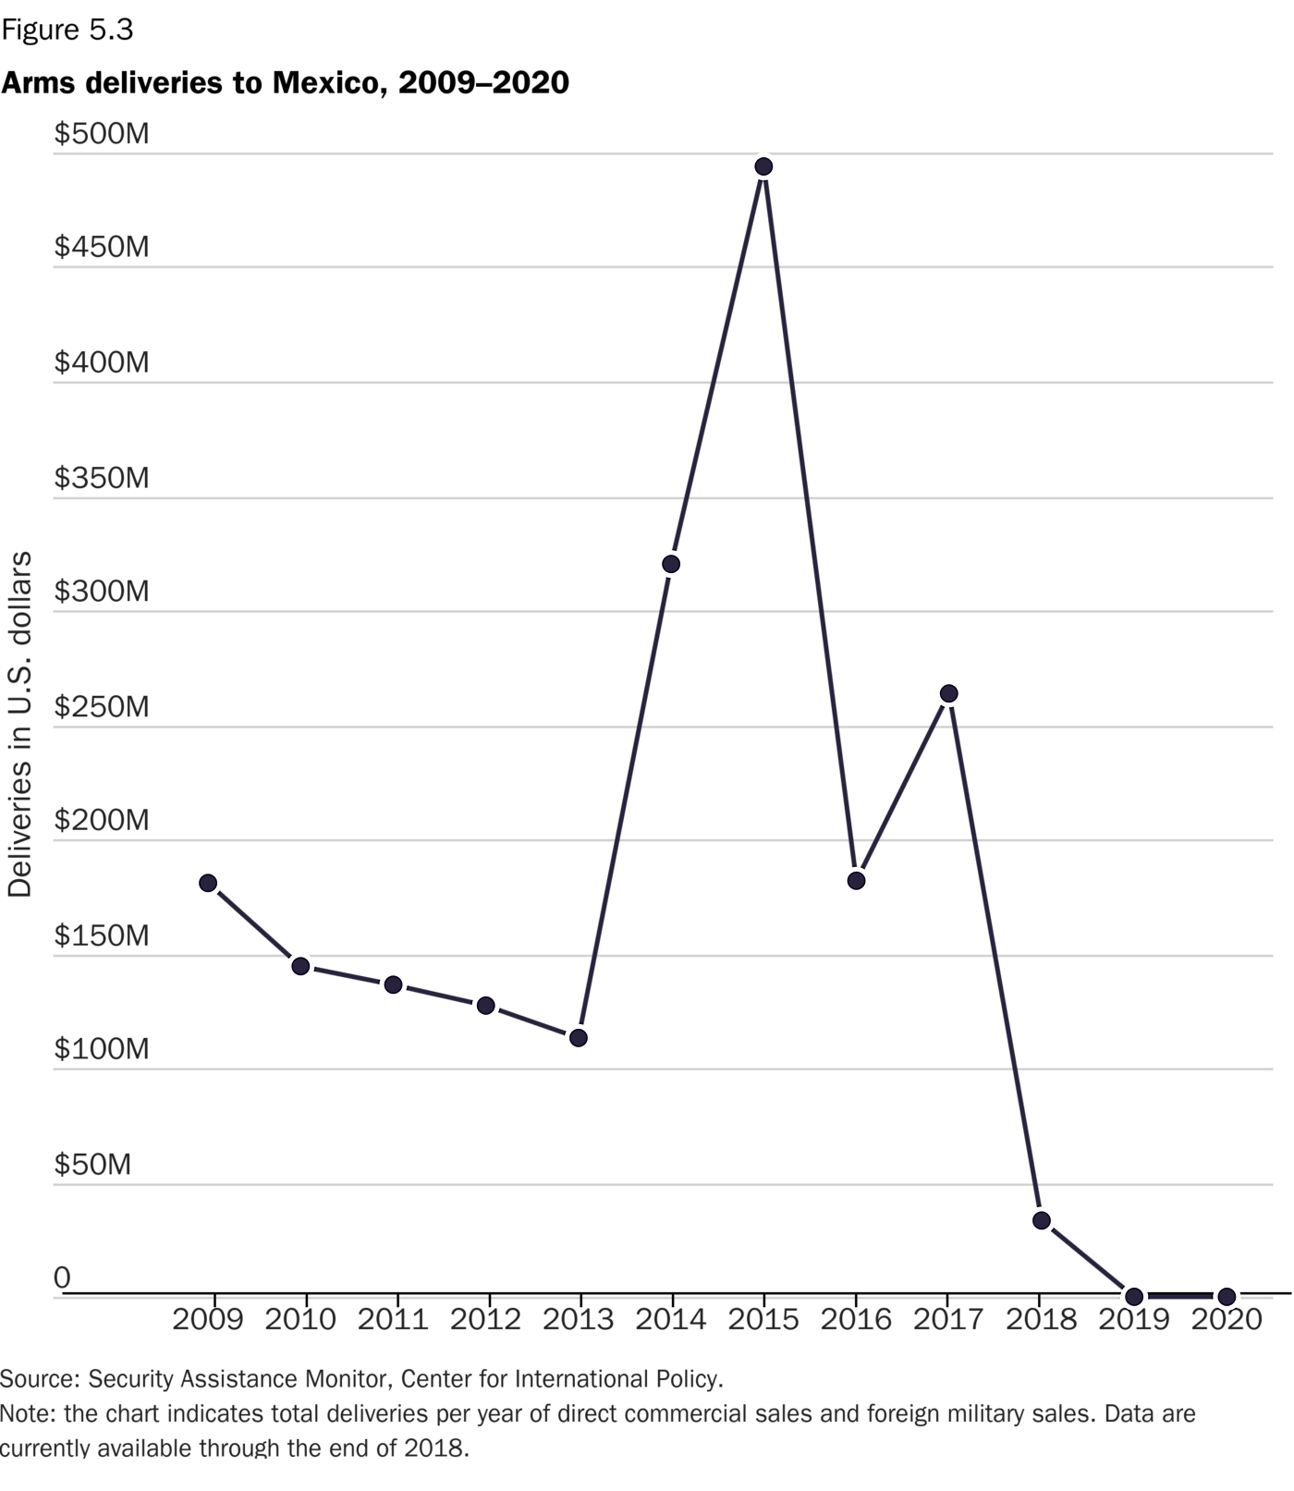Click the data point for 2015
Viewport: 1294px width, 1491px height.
click(763, 166)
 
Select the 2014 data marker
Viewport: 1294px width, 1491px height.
click(671, 564)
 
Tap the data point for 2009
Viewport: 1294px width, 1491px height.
click(208, 883)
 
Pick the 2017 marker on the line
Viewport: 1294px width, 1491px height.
click(948, 693)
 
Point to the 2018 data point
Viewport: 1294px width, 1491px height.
click(1042, 1221)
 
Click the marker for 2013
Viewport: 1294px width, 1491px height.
click(579, 1038)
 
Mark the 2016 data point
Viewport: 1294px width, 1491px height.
click(856, 881)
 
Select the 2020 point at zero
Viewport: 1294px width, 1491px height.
click(1227, 1296)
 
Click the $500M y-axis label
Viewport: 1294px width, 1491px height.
click(102, 134)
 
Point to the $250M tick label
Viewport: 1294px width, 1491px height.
click(102, 707)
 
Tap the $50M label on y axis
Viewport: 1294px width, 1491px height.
click(92, 1165)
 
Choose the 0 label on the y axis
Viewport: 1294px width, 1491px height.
click(62, 1278)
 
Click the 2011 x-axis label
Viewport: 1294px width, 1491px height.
click(393, 1319)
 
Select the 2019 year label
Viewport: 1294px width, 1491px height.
click(1134, 1319)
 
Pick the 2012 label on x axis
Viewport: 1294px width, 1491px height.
click(485, 1319)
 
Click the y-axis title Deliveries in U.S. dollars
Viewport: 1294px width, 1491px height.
click(20, 724)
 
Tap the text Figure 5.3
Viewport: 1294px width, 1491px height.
click(67, 31)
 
